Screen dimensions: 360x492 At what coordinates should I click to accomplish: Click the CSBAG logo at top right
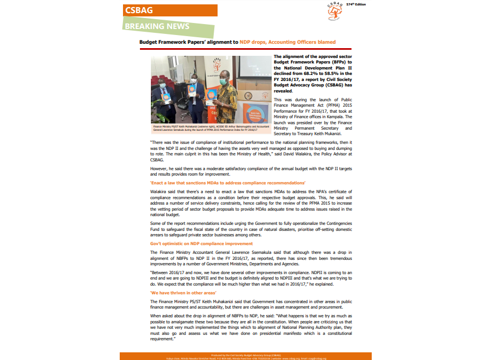click(335, 11)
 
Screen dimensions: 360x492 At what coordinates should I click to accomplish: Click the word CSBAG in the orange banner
click(139, 10)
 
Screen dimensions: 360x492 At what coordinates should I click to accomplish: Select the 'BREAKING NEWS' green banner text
click(157, 26)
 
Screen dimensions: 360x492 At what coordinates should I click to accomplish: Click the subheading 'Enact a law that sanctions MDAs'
click(227, 182)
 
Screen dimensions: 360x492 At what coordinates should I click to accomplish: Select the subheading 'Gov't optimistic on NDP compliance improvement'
click(201, 243)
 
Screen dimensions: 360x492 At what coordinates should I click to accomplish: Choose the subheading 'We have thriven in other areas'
click(183, 293)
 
